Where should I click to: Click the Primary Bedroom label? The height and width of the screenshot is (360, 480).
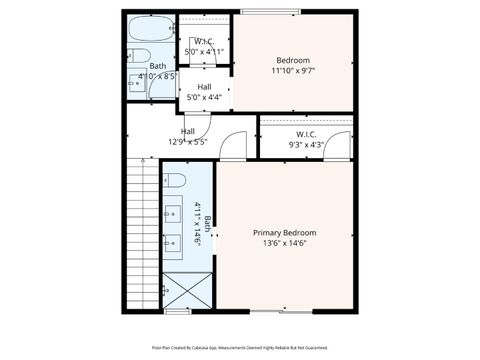[x=287, y=232]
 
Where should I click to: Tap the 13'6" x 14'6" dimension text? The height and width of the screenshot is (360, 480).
[x=286, y=243]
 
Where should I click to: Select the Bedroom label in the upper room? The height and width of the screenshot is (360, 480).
[x=293, y=60]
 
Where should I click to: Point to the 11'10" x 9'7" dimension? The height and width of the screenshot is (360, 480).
[x=293, y=71]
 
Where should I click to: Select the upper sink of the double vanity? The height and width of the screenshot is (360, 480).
[x=173, y=213]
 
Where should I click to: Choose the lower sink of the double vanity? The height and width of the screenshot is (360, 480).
[x=173, y=241]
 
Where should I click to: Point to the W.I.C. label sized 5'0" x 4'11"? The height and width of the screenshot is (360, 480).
[x=202, y=41]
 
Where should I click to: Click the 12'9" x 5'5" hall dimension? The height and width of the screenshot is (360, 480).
[x=187, y=142]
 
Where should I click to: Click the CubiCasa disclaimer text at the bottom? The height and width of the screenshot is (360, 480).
[x=239, y=348]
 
